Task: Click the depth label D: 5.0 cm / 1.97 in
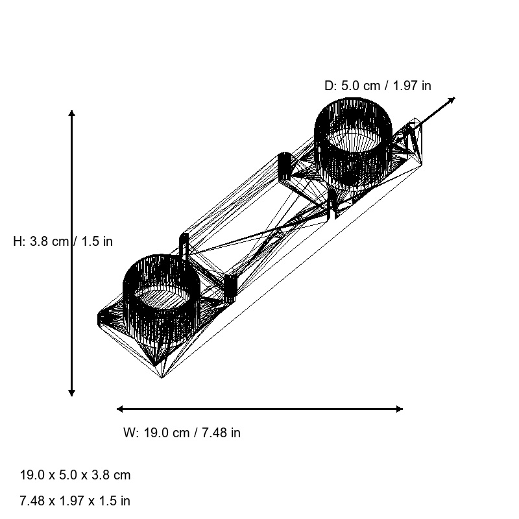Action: pyautogui.click(x=378, y=86)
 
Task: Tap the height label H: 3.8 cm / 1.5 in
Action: pyautogui.click(x=63, y=241)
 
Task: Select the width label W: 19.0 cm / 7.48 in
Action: pyautogui.click(x=182, y=433)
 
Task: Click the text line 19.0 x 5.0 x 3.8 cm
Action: pyautogui.click(x=75, y=475)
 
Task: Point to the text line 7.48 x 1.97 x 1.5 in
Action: pyautogui.click(x=75, y=501)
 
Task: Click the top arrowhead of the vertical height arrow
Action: pyautogui.click(x=72, y=114)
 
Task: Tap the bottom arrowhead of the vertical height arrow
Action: pyautogui.click(x=72, y=392)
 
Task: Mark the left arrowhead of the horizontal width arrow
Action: pyautogui.click(x=120, y=409)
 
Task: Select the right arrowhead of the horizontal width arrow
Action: pyautogui.click(x=399, y=409)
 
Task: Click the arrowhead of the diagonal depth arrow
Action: pyautogui.click(x=452, y=100)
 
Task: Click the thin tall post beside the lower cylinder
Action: pyautogui.click(x=184, y=250)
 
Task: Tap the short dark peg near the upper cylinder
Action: pyautogui.click(x=285, y=165)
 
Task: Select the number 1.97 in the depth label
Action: pyautogui.click(x=406, y=86)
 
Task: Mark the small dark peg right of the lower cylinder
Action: pyautogui.click(x=228, y=289)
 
